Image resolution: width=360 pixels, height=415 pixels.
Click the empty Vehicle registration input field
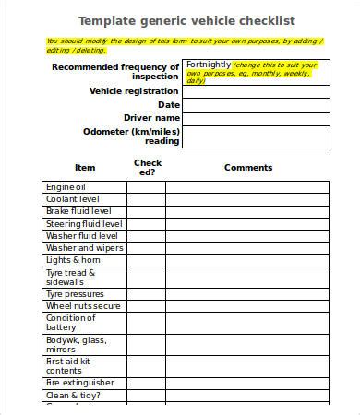(x=256, y=91)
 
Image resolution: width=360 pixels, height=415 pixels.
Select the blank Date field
(x=256, y=105)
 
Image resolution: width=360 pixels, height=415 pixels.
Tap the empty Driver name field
(x=256, y=119)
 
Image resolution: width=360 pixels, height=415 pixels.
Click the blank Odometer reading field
(x=256, y=136)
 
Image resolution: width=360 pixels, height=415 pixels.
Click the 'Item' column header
(x=85, y=168)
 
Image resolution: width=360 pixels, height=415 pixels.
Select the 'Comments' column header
(x=248, y=168)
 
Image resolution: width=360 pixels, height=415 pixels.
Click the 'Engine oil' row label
(x=72, y=186)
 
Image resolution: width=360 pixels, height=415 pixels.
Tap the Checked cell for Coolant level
(x=146, y=199)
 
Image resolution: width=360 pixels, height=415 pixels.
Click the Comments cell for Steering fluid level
(x=248, y=223)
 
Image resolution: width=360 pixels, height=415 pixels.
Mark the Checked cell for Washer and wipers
(x=146, y=248)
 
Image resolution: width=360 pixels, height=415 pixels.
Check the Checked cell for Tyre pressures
(x=146, y=293)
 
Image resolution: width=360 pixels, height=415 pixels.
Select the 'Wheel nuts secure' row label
(x=84, y=305)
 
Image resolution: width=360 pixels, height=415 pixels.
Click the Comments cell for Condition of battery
(x=248, y=323)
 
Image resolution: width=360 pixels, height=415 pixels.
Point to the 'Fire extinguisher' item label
(x=80, y=382)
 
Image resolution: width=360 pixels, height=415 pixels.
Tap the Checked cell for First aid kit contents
(x=146, y=365)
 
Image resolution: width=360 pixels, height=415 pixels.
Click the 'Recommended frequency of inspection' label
(x=116, y=72)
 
